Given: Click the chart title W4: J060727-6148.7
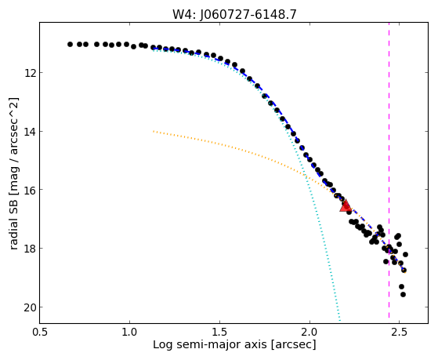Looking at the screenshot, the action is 234,15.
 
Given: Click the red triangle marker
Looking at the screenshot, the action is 346,205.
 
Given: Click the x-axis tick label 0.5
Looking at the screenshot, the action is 40,332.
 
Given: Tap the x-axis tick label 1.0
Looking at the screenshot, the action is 129,332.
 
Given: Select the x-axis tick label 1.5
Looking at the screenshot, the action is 220,332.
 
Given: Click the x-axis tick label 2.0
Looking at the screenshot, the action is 309,332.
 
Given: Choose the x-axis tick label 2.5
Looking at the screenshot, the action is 400,332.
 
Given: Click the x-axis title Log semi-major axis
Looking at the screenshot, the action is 209,345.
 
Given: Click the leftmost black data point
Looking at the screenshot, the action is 70,44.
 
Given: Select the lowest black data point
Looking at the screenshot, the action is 403,295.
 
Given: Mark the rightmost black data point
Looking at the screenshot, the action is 405,255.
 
